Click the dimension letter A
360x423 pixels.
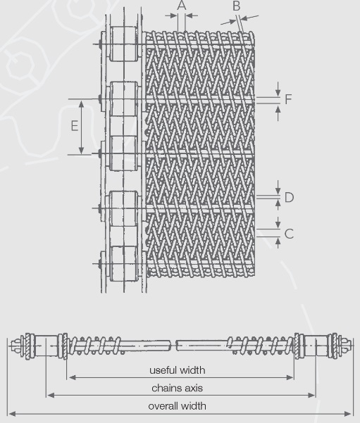pos(182,6)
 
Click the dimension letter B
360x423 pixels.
pos(236,6)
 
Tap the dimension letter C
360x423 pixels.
pos(289,234)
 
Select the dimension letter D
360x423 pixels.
pos(289,197)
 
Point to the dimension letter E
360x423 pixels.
pos(74,126)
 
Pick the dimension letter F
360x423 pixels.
pos(288,99)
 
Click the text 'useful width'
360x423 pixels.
pos(177,370)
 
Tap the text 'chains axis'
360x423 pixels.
pos(177,388)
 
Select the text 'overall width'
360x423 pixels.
pos(177,405)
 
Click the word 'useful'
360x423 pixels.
pos(163,370)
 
